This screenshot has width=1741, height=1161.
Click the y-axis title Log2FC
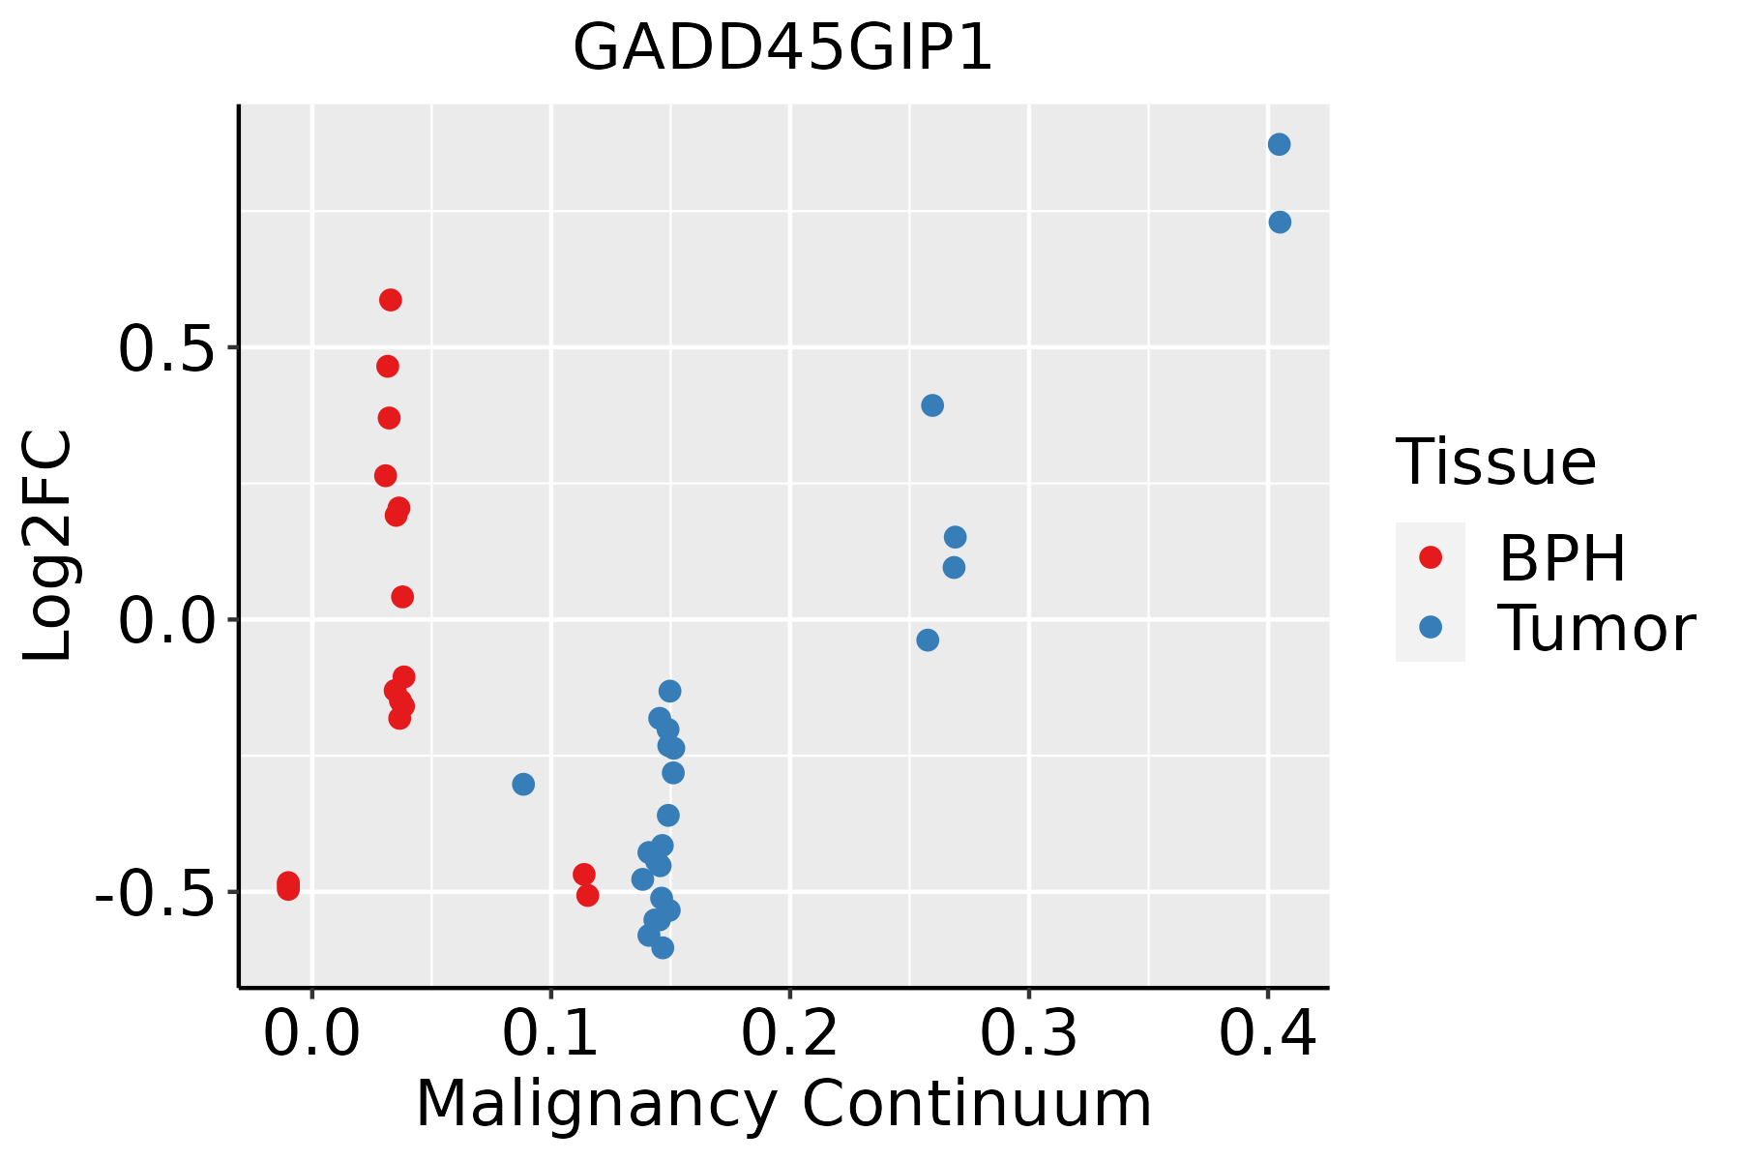pyautogui.click(x=48, y=547)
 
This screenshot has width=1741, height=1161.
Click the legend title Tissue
pyautogui.click(x=1496, y=462)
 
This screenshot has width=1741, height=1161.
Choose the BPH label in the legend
pyautogui.click(x=1562, y=558)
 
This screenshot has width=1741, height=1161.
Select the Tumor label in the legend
pyautogui.click(x=1596, y=629)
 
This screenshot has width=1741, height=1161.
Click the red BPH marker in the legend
pyautogui.click(x=1431, y=557)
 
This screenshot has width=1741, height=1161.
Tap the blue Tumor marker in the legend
pyautogui.click(x=1431, y=627)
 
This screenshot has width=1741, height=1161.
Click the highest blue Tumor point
pyautogui.click(x=1279, y=145)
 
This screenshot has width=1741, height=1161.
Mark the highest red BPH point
pyautogui.click(x=391, y=300)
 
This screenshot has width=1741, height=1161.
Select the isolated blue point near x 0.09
pyautogui.click(x=523, y=784)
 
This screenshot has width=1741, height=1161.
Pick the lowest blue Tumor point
pyautogui.click(x=663, y=947)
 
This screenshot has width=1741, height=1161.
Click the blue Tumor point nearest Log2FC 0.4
pyautogui.click(x=932, y=405)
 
